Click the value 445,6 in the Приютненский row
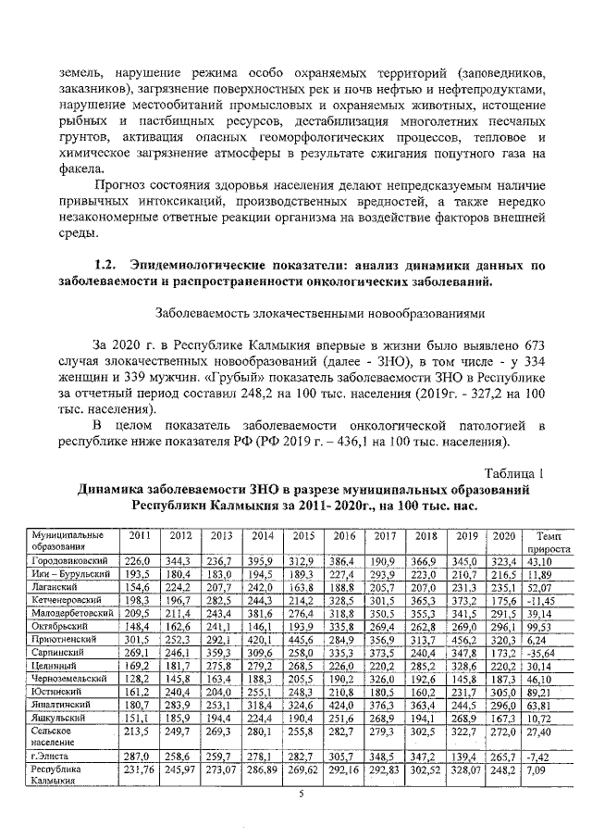(303, 640)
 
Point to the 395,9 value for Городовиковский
(262, 562)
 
